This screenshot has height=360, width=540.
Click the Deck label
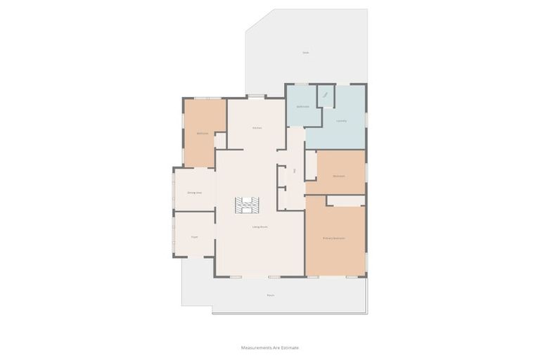tap(305, 53)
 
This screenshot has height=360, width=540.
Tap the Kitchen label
tap(257, 127)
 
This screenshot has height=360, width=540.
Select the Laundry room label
tap(342, 121)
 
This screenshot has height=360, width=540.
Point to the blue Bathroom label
tap(303, 107)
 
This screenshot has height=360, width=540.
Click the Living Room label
tap(259, 226)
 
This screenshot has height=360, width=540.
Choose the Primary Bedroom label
tap(334, 238)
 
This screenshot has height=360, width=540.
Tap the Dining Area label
tap(195, 192)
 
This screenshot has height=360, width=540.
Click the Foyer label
tap(194, 237)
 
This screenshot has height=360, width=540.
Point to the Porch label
tap(270, 295)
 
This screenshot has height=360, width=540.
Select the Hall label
tap(295, 171)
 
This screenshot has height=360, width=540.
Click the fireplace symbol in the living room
tap(247, 205)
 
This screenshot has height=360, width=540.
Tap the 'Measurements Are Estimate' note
tap(270, 347)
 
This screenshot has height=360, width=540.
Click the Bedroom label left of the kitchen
tap(202, 133)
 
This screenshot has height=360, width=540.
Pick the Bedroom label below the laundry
tap(339, 175)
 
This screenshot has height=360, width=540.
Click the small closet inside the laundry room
tap(326, 96)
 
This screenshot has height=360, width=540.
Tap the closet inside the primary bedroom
tap(345, 200)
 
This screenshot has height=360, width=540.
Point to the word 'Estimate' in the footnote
tap(289, 347)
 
